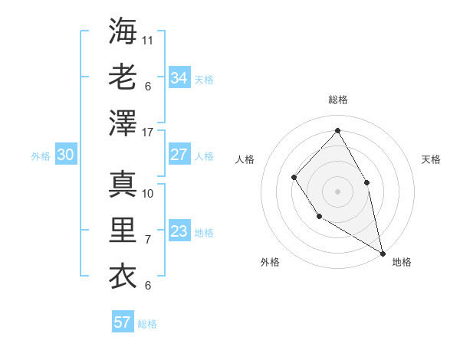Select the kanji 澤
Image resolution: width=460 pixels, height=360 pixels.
coord(123,123)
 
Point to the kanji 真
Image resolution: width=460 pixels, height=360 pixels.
coord(123,183)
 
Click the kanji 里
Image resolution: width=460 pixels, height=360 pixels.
coord(123,230)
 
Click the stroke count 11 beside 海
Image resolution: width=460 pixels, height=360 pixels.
coord(148,39)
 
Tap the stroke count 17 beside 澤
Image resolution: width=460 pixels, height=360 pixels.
coord(148,133)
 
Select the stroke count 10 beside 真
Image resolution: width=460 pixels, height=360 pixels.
coord(148,192)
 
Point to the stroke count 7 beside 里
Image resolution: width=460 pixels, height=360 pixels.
coord(148,239)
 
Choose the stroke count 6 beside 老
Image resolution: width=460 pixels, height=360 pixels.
coord(148,86)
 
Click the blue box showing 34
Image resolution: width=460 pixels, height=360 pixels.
coord(179,77)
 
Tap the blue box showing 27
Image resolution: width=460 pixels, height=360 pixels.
coord(179,155)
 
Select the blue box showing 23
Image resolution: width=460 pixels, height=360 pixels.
coord(179,231)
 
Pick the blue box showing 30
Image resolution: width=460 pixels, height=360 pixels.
coord(65,155)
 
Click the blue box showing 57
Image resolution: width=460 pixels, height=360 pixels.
coord(123,322)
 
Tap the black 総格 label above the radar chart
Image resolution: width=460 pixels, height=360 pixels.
coord(337,100)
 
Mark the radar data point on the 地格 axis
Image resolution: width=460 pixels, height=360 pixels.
coord(383,253)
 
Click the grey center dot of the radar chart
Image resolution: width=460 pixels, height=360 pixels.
coord(337,190)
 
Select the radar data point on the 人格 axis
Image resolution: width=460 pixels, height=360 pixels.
coord(294,178)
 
